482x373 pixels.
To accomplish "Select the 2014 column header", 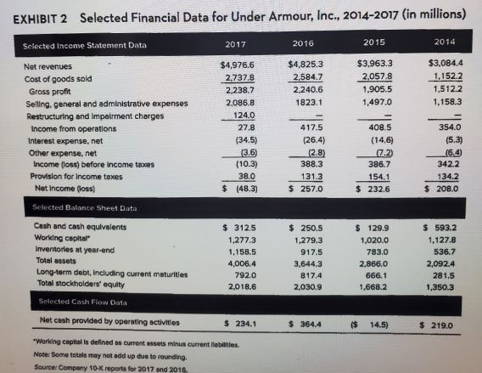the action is pyautogui.click(x=442, y=41).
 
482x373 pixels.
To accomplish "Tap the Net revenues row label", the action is pyautogui.click(x=48, y=66).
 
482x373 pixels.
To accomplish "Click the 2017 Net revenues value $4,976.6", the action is pyautogui.click(x=238, y=65).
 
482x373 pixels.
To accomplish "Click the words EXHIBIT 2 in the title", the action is pyautogui.click(x=42, y=14).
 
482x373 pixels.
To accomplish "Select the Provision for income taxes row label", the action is pyautogui.click(x=73, y=150).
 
